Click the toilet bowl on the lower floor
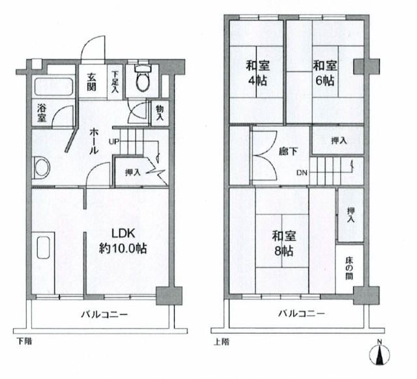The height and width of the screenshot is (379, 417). point(143,77)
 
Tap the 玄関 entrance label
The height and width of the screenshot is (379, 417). point(91,82)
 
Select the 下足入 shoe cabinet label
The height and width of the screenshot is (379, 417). point(115,82)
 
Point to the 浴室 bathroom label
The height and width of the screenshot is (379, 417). point(42,113)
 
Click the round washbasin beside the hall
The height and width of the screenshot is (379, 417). point(42,168)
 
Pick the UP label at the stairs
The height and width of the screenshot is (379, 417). point(113,141)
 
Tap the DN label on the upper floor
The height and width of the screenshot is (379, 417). point(302,173)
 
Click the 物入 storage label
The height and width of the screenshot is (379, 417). point(160,113)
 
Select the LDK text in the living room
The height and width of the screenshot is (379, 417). point(123,233)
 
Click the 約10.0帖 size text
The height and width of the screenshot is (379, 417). point(123,249)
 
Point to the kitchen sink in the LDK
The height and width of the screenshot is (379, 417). point(44,247)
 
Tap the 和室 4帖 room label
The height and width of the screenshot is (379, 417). point(258,73)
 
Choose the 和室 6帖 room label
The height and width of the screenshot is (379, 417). point(325,73)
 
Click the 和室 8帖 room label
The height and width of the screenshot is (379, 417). point(284,243)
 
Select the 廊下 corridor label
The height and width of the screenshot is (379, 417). point(288,152)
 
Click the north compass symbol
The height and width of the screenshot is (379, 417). point(379,353)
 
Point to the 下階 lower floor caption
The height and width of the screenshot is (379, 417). point(24,341)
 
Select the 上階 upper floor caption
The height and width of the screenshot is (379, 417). point(222,341)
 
